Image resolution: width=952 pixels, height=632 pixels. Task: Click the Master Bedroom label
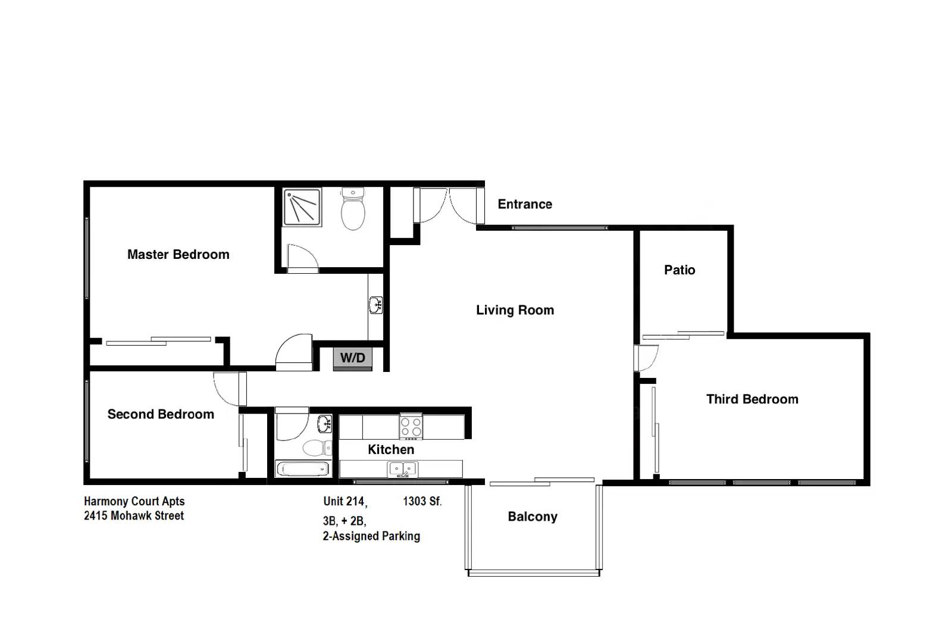tap(178, 255)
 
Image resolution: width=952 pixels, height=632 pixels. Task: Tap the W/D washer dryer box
tap(352, 358)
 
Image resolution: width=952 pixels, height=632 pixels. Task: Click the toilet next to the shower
tap(353, 210)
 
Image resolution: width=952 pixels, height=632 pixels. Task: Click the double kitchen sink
tap(403, 470)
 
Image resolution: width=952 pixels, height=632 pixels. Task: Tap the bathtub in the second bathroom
tap(303, 469)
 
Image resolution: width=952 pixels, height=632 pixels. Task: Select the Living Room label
tap(515, 310)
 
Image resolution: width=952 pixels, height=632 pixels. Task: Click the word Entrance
tap(525, 204)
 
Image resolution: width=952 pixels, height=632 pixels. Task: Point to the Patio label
tap(679, 270)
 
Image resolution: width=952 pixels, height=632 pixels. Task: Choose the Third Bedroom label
tap(752, 399)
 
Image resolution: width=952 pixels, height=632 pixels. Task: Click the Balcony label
tap(533, 517)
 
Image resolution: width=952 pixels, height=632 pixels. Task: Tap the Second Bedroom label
tap(161, 414)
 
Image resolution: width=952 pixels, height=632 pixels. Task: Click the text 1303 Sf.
tap(422, 501)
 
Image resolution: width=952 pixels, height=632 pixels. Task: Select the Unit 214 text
tap(345, 501)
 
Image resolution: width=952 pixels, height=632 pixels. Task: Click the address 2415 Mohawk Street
tap(134, 516)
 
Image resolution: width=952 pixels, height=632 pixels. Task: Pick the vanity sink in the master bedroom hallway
tap(375, 305)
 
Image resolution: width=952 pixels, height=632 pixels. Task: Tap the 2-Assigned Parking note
tap(371, 536)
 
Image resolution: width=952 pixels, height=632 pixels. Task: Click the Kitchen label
tap(391, 449)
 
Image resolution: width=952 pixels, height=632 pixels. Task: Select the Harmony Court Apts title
tap(134, 501)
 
